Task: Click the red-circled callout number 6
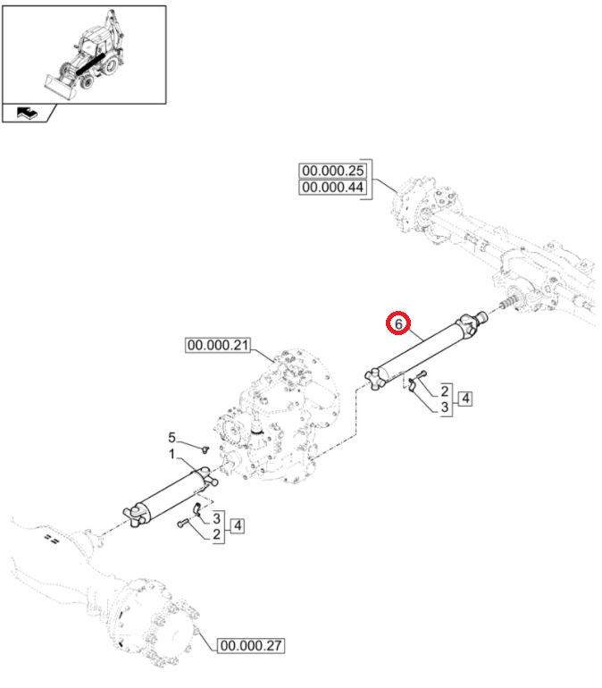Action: pyautogui.click(x=397, y=323)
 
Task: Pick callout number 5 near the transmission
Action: pyautogui.click(x=172, y=437)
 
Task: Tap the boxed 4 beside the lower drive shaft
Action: pyautogui.click(x=236, y=525)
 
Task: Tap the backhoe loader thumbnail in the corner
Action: pyautogui.click(x=84, y=54)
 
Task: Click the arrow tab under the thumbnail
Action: pyautogui.click(x=29, y=113)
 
